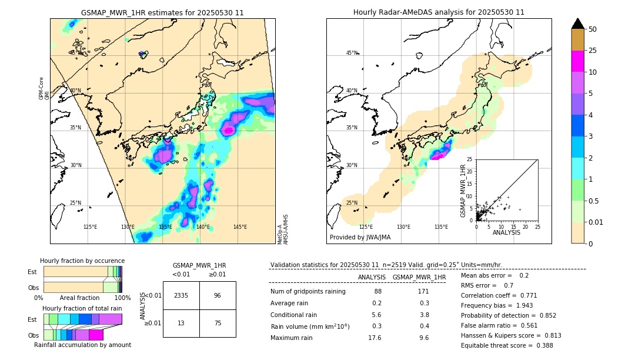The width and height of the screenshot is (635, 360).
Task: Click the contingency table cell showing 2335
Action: click(181, 295)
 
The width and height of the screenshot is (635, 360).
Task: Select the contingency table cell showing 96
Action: click(218, 295)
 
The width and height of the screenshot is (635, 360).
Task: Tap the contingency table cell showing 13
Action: click(181, 323)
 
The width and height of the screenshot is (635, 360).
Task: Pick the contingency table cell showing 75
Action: click(218, 323)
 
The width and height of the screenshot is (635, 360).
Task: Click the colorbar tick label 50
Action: click(593, 29)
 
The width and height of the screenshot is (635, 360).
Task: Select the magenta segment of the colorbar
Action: click(578, 61)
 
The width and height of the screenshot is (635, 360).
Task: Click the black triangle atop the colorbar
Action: click(578, 24)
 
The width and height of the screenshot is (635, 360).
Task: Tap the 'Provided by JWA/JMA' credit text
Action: click(360, 238)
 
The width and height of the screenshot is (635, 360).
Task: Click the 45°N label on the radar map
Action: click(352, 53)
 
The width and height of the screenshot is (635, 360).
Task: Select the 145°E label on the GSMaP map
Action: click(240, 227)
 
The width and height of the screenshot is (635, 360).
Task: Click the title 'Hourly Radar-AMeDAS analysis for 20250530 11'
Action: click(439, 12)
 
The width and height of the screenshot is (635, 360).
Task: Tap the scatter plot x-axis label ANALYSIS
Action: click(506, 232)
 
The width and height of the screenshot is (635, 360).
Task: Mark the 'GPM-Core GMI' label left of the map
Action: click(42, 88)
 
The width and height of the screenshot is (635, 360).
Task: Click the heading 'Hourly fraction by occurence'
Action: click(82, 261)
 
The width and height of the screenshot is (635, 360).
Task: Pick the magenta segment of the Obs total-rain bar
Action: click(96, 335)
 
